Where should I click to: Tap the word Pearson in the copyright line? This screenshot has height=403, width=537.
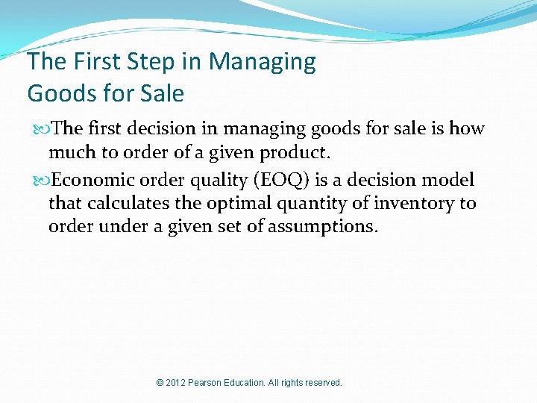pyautogui.click(x=211, y=383)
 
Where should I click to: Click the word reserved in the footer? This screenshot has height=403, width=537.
pyautogui.click(x=322, y=383)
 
